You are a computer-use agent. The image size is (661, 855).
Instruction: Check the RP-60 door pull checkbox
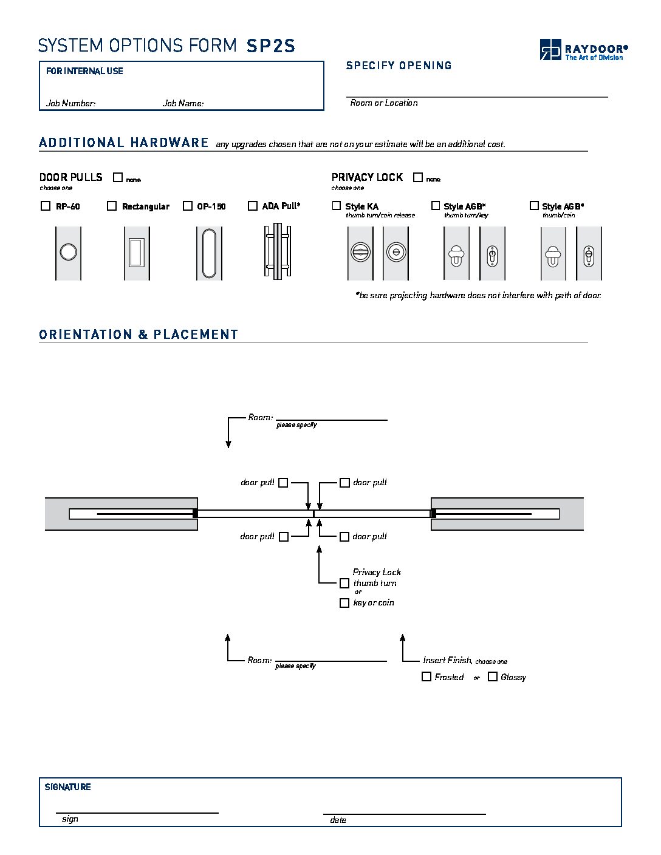46,206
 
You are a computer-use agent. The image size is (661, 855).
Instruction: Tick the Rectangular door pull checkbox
112,206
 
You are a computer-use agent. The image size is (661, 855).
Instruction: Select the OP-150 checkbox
188,206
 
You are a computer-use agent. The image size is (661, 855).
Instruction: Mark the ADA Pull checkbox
253,206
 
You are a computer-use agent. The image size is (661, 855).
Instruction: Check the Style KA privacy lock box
337,206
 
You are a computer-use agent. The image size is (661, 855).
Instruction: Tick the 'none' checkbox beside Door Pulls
118,177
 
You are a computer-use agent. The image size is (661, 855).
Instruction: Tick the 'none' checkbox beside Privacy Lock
418,177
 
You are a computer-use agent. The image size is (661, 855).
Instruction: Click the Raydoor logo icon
550,49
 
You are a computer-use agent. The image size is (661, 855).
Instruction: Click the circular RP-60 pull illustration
68,252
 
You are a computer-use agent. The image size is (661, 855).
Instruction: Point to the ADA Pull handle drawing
277,252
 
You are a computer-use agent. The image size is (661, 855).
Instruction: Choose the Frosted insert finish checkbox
426,676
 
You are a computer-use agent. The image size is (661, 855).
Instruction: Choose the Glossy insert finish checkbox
493,676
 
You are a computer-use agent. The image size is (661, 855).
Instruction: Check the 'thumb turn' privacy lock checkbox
344,583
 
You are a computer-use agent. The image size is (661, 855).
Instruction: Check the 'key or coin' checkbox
344,603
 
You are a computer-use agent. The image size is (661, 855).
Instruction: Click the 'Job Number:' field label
70,103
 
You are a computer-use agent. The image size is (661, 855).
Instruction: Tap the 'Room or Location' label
384,103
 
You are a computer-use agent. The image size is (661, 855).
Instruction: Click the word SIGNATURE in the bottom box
67,787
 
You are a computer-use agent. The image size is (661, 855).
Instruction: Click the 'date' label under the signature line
338,820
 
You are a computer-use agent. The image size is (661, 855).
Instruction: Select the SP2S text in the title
271,46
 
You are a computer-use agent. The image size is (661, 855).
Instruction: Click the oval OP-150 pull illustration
209,253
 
